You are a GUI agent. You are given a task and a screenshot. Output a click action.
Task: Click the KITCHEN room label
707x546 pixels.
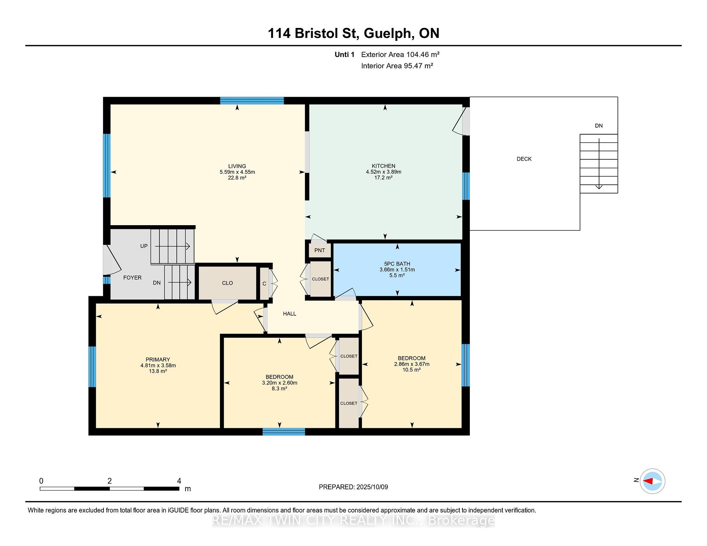(x=383, y=166)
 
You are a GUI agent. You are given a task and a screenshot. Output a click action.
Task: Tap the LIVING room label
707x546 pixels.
(x=237, y=166)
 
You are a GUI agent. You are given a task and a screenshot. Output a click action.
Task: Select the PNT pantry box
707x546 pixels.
(x=320, y=250)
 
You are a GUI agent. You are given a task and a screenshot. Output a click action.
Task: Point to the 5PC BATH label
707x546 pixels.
(x=397, y=264)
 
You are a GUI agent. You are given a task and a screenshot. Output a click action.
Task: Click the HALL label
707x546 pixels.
(x=289, y=314)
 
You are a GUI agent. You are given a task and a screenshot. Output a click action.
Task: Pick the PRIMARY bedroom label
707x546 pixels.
(x=158, y=360)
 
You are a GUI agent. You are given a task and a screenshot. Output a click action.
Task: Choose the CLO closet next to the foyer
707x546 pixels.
(x=228, y=283)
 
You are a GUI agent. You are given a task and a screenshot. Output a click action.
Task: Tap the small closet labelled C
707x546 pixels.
(x=264, y=284)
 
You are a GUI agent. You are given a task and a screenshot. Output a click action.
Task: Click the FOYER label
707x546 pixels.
(x=132, y=278)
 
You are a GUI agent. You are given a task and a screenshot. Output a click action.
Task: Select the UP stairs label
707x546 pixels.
(x=144, y=246)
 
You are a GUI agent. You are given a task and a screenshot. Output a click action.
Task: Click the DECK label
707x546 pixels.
(x=524, y=159)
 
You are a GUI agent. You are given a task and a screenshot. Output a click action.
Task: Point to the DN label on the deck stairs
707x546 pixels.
(x=599, y=126)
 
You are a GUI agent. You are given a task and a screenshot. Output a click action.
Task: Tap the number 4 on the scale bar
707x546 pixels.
(x=179, y=481)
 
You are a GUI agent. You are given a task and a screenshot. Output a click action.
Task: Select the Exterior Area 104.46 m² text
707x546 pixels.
(x=400, y=54)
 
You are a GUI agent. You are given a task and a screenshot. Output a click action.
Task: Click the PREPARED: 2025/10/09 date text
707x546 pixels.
(x=353, y=487)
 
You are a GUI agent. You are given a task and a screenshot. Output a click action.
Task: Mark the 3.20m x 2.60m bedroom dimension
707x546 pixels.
(x=279, y=383)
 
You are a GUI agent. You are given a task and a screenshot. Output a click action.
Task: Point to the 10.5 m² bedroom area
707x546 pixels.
(x=412, y=370)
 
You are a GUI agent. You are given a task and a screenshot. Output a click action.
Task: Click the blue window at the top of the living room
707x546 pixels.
(x=252, y=100)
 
